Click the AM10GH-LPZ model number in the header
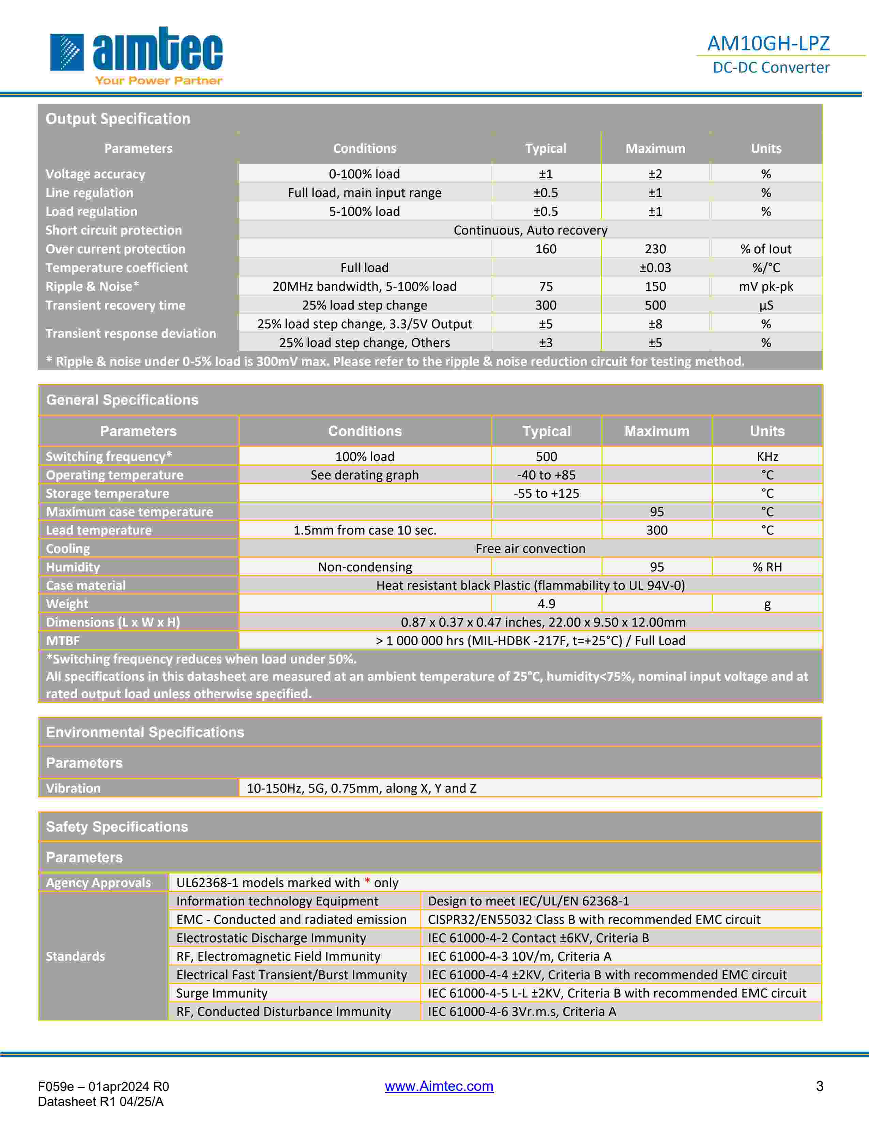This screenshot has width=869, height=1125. (x=768, y=43)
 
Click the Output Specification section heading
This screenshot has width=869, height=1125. (x=118, y=119)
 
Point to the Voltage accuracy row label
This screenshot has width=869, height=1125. (x=95, y=174)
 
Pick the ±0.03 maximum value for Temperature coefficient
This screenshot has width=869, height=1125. (x=655, y=268)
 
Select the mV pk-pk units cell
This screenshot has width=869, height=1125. (x=765, y=286)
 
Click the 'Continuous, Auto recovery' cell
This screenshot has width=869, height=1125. (x=530, y=230)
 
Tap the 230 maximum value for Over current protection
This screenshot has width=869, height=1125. (x=655, y=249)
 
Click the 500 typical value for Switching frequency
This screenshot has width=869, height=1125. (x=546, y=456)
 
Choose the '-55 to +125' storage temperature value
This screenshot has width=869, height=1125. (x=546, y=494)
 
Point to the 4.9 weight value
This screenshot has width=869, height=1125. (x=546, y=604)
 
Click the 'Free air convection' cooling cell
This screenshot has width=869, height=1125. (x=530, y=549)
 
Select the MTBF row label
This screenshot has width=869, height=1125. (x=63, y=641)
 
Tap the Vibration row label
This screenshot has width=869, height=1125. (x=73, y=788)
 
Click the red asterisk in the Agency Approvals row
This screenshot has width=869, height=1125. (x=367, y=882)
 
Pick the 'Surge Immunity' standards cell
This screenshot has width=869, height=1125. (x=222, y=993)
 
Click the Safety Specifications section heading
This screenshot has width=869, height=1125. (x=117, y=827)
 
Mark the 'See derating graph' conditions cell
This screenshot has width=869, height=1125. (x=365, y=475)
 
